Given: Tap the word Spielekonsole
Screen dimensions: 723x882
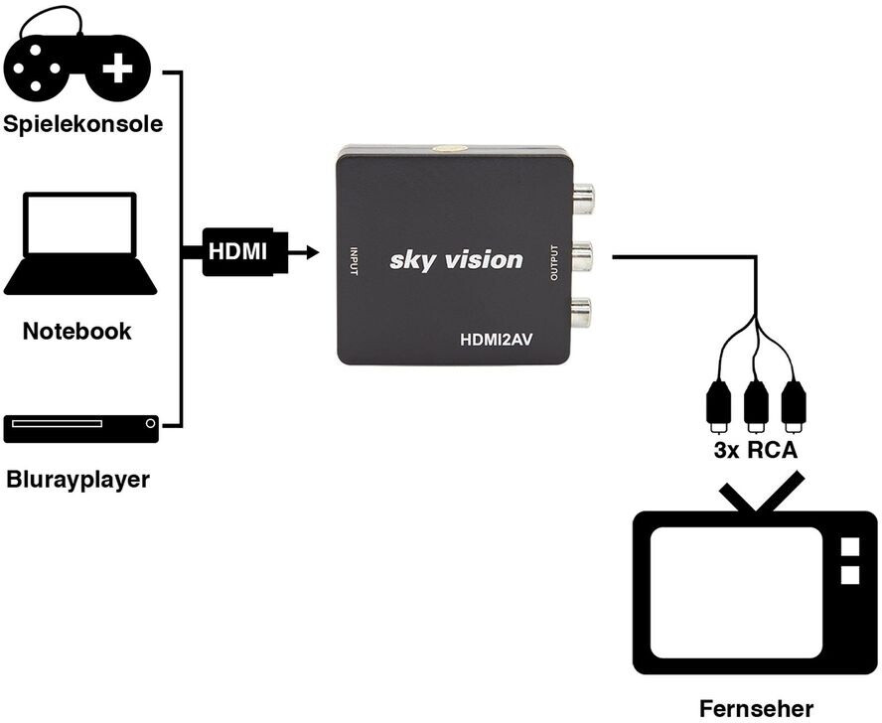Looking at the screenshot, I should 82,125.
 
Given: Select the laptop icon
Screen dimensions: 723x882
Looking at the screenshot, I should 79,244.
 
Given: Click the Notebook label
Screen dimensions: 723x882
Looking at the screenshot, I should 77,332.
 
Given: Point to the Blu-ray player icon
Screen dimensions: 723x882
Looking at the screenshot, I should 80,427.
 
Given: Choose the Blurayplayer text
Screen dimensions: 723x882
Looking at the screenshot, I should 77,481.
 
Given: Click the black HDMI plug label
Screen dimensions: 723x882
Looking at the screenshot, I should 238,252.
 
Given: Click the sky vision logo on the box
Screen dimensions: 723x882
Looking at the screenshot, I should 456,260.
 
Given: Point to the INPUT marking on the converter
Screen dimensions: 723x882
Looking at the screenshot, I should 353,260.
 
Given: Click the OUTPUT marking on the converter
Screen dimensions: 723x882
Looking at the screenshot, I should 554,262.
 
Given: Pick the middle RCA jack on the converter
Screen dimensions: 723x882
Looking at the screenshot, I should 582,257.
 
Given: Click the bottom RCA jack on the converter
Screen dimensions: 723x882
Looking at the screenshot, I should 582,313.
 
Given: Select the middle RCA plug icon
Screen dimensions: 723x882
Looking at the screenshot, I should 755,403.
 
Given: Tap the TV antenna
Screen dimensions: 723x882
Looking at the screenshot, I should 757,495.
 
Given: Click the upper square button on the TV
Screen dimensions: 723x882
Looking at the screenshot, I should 849,547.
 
